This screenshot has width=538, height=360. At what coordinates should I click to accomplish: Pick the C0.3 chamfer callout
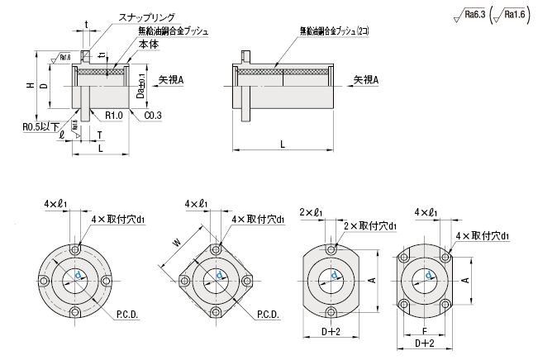[x=152, y=116]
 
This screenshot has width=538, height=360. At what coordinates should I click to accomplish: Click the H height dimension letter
[x=30, y=86]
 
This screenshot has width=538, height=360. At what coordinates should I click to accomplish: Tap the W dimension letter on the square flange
[x=175, y=243]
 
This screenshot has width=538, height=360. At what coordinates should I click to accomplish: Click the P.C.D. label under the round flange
[x=126, y=315]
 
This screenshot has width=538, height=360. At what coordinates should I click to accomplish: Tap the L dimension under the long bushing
[x=283, y=144]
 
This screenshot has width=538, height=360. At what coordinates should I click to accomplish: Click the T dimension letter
[x=99, y=135]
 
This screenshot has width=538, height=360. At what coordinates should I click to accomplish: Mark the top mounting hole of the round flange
[x=76, y=249]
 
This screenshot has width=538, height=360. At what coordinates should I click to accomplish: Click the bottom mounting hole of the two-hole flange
[x=331, y=312]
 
